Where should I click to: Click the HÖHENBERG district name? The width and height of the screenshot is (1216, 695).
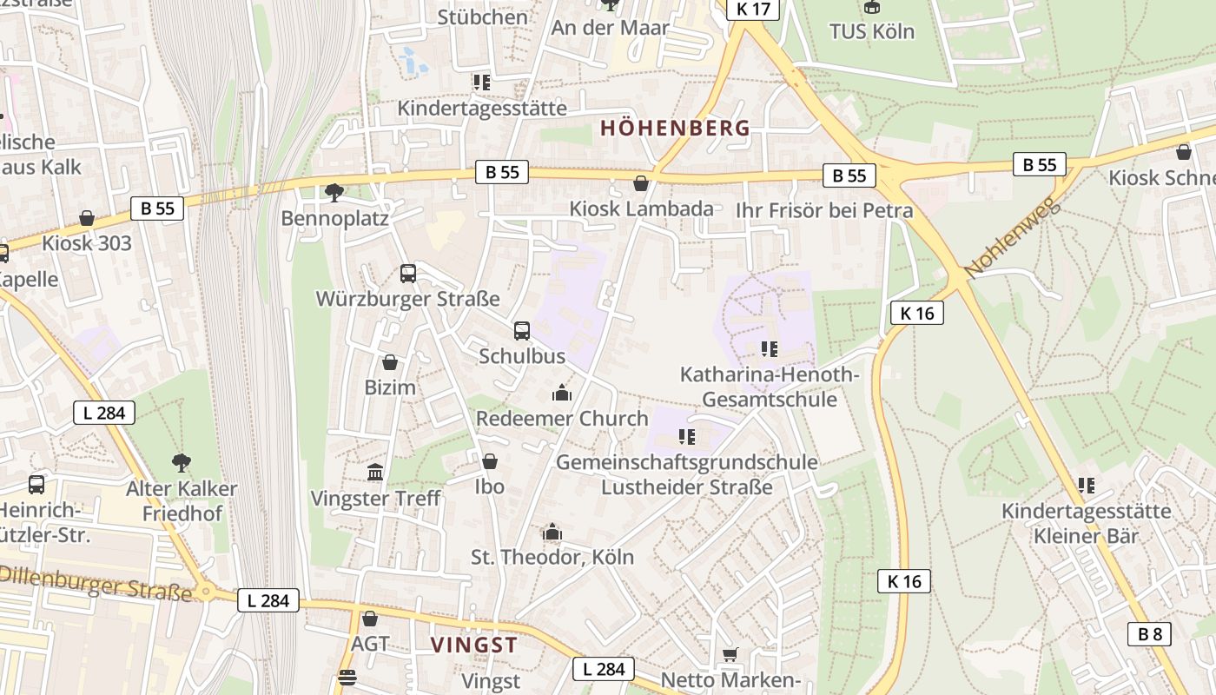[x=675, y=129]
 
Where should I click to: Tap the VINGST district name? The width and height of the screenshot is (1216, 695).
[x=474, y=645]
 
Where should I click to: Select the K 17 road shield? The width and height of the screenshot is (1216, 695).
[x=753, y=10]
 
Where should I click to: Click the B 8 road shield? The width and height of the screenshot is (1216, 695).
[x=1149, y=634]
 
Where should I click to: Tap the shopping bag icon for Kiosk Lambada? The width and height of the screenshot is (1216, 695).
[x=641, y=184]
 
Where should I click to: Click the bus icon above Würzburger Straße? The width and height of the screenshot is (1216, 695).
[x=408, y=274]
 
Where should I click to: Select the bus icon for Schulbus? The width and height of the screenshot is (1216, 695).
[x=522, y=331]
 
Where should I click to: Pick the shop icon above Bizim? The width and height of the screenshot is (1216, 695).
[x=390, y=362]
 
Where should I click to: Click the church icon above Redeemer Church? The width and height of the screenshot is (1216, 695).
[x=562, y=393]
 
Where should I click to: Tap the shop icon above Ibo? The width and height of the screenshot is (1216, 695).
[x=490, y=461]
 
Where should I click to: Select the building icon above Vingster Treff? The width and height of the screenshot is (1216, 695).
[x=375, y=473]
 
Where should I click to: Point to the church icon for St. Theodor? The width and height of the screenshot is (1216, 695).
[x=552, y=532]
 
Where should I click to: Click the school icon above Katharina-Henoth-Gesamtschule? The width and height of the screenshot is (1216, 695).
[x=769, y=349]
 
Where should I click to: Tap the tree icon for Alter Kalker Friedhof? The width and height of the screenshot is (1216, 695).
[x=181, y=462]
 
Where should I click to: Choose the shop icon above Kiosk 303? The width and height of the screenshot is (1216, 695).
[x=87, y=218]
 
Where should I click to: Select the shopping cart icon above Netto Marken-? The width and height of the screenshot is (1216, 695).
[x=730, y=654]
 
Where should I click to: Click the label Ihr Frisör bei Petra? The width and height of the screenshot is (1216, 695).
[x=824, y=210]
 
